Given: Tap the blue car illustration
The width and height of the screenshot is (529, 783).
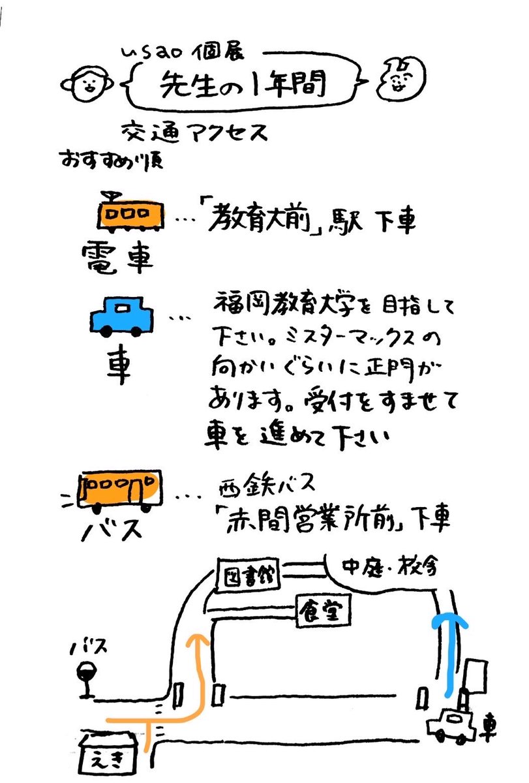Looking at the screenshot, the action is (121, 317).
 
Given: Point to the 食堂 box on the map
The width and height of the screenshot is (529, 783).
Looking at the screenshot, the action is (323, 611).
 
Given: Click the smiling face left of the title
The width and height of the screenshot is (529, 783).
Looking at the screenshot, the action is (87, 84).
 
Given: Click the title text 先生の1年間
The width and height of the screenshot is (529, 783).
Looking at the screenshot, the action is (243, 84).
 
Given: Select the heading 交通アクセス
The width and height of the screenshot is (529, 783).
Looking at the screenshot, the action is (194, 132).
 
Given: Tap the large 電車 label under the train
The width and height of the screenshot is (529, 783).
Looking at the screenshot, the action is (117, 257).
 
